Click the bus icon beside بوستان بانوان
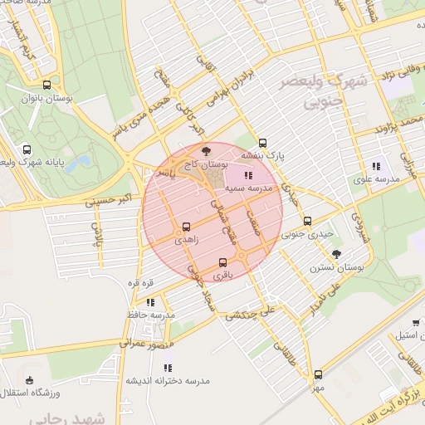(46, 85)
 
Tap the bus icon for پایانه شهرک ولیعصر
(27, 150)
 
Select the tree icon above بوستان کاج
(206, 151)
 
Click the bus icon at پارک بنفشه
(263, 142)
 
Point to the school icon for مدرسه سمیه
(247, 175)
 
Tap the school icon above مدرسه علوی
(375, 166)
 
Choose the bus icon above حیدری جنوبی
(308, 221)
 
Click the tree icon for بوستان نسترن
(336, 254)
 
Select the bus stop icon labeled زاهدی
(185, 226)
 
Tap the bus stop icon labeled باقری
(222, 262)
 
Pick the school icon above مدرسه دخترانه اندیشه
(168, 367)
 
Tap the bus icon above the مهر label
(317, 374)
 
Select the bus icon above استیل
(415, 322)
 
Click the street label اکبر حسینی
(106, 199)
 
